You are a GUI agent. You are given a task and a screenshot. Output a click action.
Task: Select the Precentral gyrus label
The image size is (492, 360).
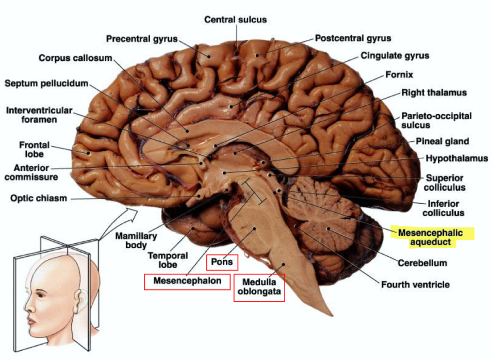point(141,39)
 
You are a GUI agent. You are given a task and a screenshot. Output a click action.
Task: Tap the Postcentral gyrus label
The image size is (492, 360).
point(353,38)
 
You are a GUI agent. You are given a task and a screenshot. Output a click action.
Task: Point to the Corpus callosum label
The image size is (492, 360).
point(75,57)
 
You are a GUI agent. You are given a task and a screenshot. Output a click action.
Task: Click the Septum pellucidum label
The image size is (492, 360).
point(46,83)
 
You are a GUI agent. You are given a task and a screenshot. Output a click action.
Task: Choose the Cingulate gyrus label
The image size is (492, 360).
point(395,55)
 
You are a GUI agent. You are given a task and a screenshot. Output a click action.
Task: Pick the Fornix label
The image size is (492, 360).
point(399,75)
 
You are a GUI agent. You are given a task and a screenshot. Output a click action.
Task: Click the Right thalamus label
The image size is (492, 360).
point(434,93)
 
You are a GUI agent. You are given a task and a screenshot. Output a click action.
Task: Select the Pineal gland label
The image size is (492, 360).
point(442,141)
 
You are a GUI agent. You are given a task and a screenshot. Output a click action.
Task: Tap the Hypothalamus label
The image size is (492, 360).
point(456,158)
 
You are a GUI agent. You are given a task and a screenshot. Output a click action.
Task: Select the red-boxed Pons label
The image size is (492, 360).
point(222,263)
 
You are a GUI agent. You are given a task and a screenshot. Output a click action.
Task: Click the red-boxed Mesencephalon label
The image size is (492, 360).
point(187,281)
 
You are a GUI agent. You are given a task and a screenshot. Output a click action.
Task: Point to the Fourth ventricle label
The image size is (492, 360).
point(415,284)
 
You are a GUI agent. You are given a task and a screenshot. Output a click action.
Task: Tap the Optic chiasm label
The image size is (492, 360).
point(39,198)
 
